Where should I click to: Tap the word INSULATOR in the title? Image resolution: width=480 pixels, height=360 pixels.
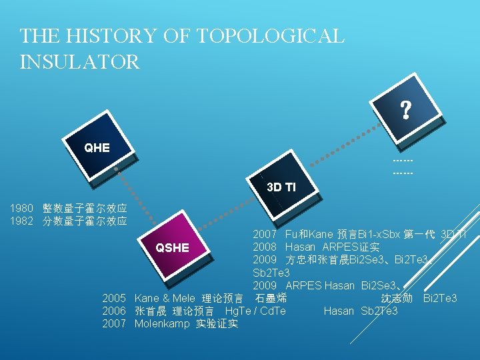point(80,63)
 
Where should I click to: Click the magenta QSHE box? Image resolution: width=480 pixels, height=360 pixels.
point(172,248)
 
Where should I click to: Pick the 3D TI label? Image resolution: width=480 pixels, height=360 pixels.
point(281,187)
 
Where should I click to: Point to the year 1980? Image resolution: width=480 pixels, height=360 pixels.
point(22,209)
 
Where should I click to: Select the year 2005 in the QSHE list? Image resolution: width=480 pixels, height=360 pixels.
point(115,298)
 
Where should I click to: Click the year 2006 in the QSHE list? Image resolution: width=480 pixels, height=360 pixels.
point(115,311)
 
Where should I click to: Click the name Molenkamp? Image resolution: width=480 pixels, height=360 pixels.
point(162,324)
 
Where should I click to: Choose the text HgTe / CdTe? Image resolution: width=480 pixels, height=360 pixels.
point(255,311)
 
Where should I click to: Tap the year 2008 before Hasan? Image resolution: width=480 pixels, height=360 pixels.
point(265,247)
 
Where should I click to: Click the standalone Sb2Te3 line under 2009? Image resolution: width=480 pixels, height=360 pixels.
point(271,273)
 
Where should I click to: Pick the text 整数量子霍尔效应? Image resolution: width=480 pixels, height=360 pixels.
point(85,209)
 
